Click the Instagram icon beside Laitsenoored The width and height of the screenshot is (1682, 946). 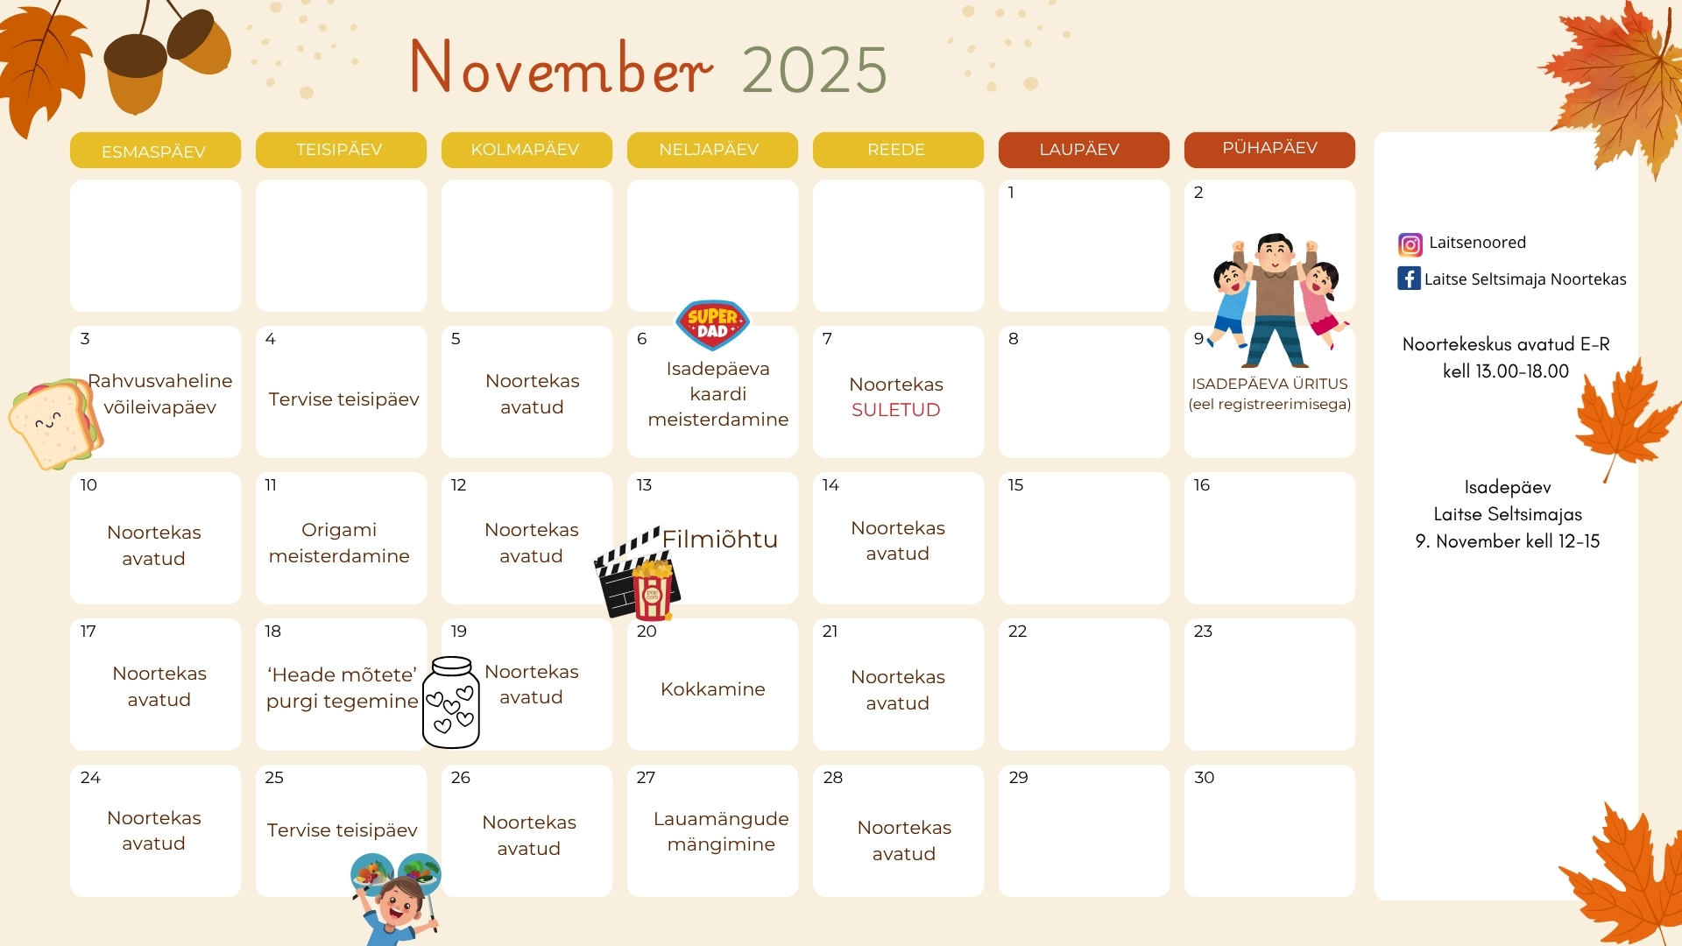(1410, 244)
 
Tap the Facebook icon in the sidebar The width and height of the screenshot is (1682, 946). (1409, 279)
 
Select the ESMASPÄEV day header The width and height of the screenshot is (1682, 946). (154, 151)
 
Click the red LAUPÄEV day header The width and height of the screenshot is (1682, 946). (1084, 150)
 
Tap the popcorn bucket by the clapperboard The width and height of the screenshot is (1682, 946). (652, 589)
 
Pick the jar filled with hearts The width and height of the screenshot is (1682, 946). (451, 702)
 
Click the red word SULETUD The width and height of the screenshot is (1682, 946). (896, 410)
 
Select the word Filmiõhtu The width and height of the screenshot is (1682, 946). (720, 539)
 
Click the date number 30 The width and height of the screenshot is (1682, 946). (1205, 778)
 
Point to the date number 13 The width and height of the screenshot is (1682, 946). (644, 485)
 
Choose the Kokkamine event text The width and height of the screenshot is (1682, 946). (713, 689)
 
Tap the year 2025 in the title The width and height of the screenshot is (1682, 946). (815, 70)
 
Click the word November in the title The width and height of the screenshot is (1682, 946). (561, 67)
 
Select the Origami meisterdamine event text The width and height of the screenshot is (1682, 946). (339, 543)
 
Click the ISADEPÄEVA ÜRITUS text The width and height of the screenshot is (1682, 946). (1269, 384)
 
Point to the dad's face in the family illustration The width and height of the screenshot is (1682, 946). (1275, 253)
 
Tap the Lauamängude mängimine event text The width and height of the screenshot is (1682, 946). (721, 831)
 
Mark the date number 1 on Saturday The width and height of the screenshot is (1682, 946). (1011, 193)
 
